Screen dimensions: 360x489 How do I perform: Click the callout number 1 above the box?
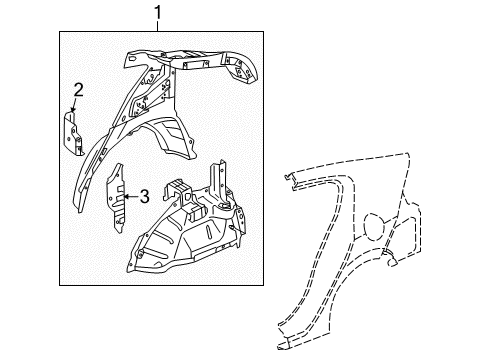click(157, 14)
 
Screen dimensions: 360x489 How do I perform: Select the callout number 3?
click(144, 195)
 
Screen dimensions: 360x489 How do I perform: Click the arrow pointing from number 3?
click(128, 195)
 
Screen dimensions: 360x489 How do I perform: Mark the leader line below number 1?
click(157, 27)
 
